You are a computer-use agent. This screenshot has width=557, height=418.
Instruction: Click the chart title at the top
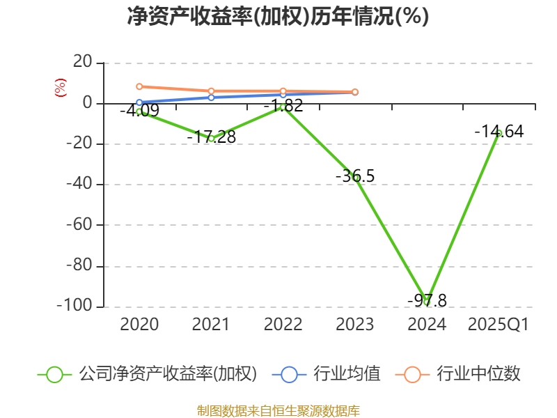[x=278, y=16]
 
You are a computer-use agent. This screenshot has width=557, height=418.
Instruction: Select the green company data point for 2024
[x=427, y=301]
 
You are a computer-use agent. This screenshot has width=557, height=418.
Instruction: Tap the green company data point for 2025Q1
[x=499, y=133]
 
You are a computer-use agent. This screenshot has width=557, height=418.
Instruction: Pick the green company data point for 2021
[x=211, y=139]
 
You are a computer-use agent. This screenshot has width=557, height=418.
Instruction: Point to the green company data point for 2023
[x=355, y=178]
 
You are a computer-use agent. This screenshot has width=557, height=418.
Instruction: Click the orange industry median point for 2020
[x=139, y=86]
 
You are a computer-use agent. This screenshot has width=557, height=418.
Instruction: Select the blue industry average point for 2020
[x=139, y=102]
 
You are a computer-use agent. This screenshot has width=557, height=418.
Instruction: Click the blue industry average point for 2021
[x=211, y=97]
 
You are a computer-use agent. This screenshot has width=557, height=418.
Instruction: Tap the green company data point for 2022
[x=283, y=107]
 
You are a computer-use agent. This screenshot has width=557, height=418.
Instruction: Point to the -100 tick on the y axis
[x=79, y=307]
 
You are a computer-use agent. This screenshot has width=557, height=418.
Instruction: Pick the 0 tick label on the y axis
[x=88, y=103]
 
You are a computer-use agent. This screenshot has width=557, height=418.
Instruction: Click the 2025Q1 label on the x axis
[x=499, y=325]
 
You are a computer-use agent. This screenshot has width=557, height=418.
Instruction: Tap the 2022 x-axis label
[x=283, y=325]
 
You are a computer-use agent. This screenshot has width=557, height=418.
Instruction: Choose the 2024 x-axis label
[x=427, y=325]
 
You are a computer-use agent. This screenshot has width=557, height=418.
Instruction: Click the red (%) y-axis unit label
[x=61, y=88]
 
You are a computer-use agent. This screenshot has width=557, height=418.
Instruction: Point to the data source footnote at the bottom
[x=278, y=410]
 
